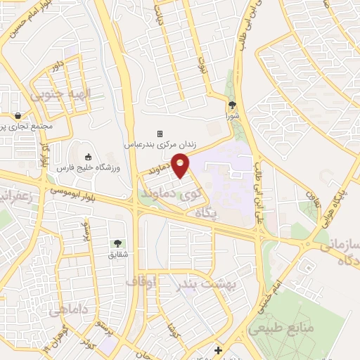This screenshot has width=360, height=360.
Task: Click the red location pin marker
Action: click(181, 167)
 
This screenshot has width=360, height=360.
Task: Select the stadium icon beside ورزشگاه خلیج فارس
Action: click(88, 157)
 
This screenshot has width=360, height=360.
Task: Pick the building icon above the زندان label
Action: click(160, 134)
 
